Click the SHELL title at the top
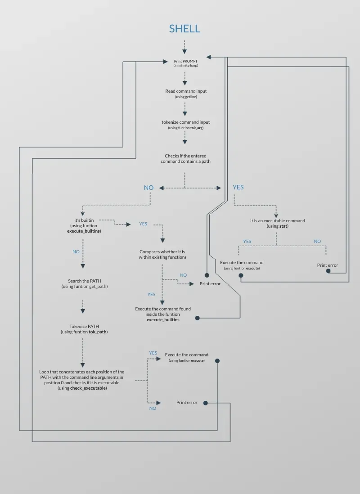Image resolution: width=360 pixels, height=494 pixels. click(x=184, y=29)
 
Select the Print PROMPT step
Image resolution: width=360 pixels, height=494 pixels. click(x=185, y=61)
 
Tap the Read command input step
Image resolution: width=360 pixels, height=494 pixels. click(x=186, y=91)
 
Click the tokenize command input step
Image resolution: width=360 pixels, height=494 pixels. click(x=186, y=122)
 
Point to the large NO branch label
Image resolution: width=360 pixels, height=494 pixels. click(x=148, y=188)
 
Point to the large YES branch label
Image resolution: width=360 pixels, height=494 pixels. click(x=238, y=187)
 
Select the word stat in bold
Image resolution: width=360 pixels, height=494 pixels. click(x=283, y=226)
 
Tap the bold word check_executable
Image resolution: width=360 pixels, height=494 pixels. click(x=89, y=388)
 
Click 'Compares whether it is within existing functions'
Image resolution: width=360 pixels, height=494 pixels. click(x=162, y=254)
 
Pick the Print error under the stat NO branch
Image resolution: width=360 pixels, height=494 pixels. click(x=327, y=265)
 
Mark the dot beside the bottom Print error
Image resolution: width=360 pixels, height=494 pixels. click(x=206, y=403)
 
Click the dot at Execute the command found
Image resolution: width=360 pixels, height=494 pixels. click(x=197, y=318)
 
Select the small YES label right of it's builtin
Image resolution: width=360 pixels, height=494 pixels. click(x=143, y=224)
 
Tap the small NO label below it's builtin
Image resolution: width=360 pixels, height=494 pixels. click(x=76, y=251)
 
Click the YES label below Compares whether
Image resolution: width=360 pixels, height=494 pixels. click(x=151, y=294)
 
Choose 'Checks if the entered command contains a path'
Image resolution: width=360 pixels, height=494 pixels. click(x=185, y=158)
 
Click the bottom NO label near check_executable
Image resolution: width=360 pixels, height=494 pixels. click(x=153, y=408)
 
